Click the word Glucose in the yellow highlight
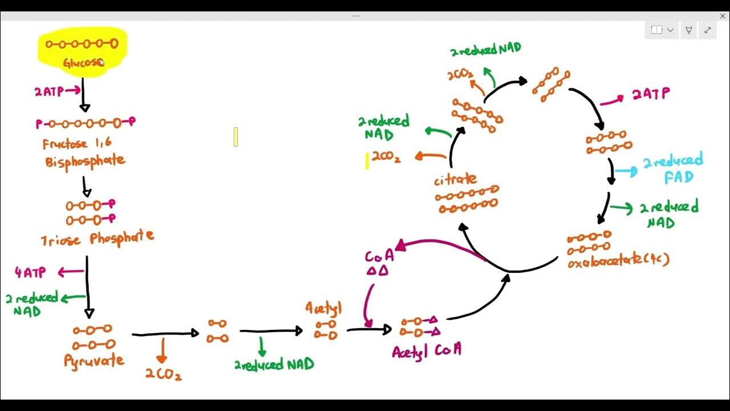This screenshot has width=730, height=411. (82, 62)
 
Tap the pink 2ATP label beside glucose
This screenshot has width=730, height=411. (49, 91)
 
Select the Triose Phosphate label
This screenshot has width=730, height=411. (97, 238)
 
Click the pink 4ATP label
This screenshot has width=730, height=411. (30, 273)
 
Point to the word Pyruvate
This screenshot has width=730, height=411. (94, 361)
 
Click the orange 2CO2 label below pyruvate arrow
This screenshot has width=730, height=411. (163, 374)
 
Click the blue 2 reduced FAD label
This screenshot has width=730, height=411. (674, 169)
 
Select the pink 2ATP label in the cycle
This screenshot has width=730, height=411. (650, 94)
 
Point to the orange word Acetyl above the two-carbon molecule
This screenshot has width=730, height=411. (323, 309)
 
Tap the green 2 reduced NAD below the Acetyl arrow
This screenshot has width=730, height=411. (274, 364)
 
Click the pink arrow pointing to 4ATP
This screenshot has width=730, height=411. (71, 272)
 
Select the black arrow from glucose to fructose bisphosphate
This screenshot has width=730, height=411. (83, 95)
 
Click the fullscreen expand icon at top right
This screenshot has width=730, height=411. (707, 30)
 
